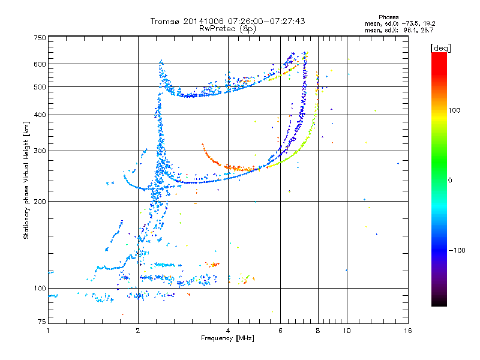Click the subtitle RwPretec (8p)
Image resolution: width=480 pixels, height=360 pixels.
coord(227,29)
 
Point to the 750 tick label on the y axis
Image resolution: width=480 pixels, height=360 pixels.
coord(40,38)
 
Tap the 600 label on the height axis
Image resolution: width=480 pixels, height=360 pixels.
coord(40,64)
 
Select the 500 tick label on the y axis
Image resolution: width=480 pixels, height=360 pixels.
coord(40,87)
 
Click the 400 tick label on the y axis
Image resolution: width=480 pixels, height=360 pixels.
coord(40,115)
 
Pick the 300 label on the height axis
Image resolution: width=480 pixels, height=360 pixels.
coord(40,151)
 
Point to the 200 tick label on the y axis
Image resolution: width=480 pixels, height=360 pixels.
coord(40,202)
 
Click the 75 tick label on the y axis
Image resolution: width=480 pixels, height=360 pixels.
coord(42,322)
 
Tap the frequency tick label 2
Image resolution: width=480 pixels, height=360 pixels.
coord(138,331)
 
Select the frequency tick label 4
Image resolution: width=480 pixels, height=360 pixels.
coord(228,331)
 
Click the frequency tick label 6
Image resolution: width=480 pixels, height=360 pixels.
coord(280,331)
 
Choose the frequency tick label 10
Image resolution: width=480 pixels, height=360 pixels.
coord(347,331)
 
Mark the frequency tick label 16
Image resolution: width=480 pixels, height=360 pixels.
coord(408,331)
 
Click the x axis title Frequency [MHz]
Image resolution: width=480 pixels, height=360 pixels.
coord(227,338)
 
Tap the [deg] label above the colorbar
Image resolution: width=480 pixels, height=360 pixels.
coord(440,49)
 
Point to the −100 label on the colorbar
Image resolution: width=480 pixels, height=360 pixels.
coord(457,250)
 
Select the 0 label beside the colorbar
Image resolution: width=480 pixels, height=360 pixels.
coord(450,181)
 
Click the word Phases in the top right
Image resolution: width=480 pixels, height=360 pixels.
coord(388,17)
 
